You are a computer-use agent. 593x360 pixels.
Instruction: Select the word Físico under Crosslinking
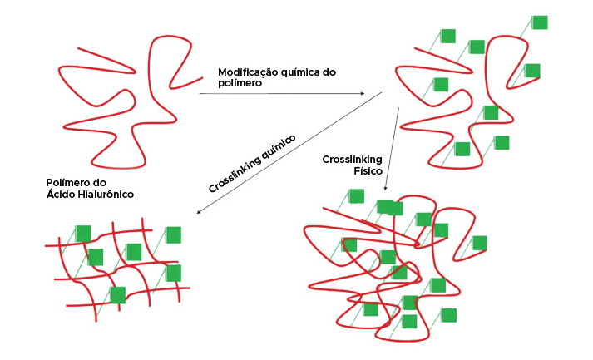[366, 170]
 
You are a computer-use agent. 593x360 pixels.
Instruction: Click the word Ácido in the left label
[62, 195]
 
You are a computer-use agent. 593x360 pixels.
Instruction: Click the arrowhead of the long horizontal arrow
[362, 94]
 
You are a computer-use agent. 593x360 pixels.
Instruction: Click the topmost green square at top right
[540, 22]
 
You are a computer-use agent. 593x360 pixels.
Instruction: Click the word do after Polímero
[119, 183]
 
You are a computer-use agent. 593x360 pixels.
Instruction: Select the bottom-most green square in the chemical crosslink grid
[118, 294]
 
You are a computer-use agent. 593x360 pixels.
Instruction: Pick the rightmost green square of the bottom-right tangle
[478, 243]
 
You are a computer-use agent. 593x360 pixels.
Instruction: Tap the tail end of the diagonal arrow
[381, 93]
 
